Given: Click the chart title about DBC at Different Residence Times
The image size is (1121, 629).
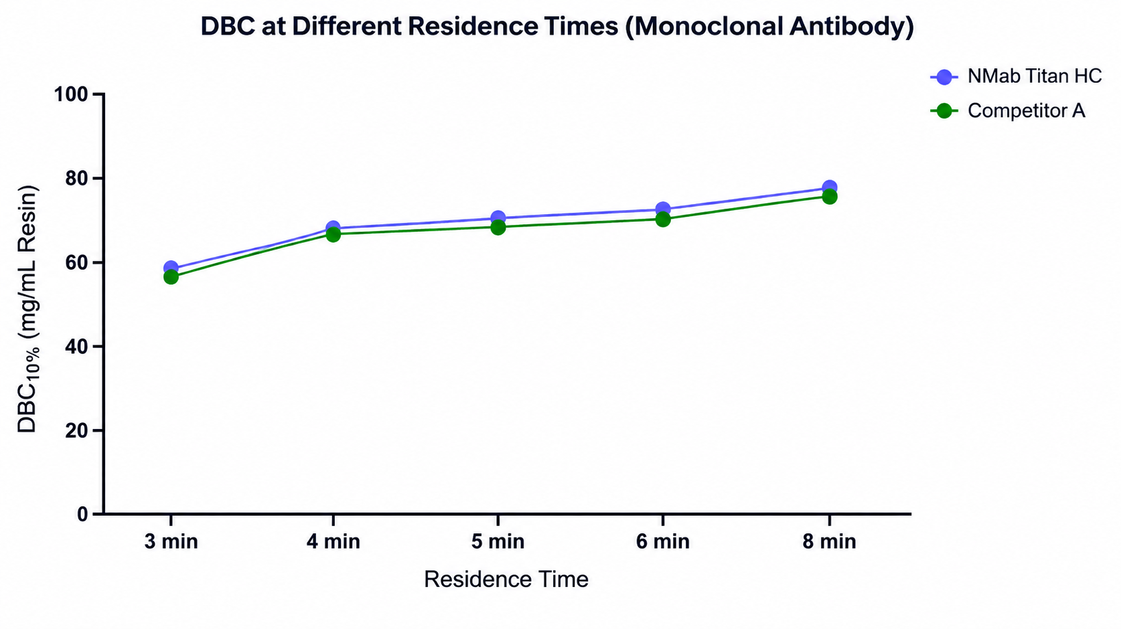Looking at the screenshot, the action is [x=557, y=27].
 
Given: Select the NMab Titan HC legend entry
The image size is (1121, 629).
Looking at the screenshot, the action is [x=1016, y=76].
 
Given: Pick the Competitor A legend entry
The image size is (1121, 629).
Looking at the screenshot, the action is [x=1007, y=110].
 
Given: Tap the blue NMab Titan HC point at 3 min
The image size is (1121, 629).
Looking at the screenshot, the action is [x=171, y=268].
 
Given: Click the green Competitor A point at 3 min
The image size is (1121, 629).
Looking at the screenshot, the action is [x=171, y=277].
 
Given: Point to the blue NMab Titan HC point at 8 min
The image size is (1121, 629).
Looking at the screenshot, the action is [x=829, y=188].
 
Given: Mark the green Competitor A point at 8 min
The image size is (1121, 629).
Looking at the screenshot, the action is [x=829, y=197].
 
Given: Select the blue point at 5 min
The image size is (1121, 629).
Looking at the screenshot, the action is [x=498, y=218].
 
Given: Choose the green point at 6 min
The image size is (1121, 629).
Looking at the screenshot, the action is [x=662, y=219].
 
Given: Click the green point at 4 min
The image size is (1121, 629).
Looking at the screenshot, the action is [x=333, y=234].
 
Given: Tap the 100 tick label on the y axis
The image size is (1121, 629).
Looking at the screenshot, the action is [x=70, y=94].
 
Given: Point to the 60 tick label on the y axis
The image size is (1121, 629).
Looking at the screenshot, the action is [x=76, y=262].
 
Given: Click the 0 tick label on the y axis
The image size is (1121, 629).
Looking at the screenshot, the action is [x=82, y=514].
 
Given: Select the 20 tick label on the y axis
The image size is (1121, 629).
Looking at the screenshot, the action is [x=76, y=430].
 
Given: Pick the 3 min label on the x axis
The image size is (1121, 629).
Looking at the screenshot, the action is [x=171, y=541].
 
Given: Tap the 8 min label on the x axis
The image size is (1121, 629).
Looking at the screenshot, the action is [x=829, y=541].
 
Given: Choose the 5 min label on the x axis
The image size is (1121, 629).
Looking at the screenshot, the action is [x=498, y=541].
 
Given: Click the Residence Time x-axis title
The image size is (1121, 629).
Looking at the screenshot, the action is [x=506, y=579].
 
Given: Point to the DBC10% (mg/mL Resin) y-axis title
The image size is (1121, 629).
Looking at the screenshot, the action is [x=28, y=309].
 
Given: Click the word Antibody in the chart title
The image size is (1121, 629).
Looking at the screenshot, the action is [x=851, y=27].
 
